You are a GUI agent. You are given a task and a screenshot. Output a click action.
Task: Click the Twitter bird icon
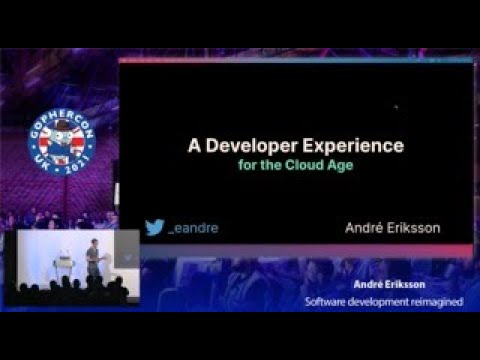click(x=154, y=227)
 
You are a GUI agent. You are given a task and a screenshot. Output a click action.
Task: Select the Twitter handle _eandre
click(x=194, y=228)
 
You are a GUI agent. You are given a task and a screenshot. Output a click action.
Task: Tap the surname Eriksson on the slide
click(x=415, y=228)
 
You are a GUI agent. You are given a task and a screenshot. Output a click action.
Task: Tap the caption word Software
click(x=329, y=301)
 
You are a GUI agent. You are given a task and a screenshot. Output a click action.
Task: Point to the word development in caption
click(x=381, y=301)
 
